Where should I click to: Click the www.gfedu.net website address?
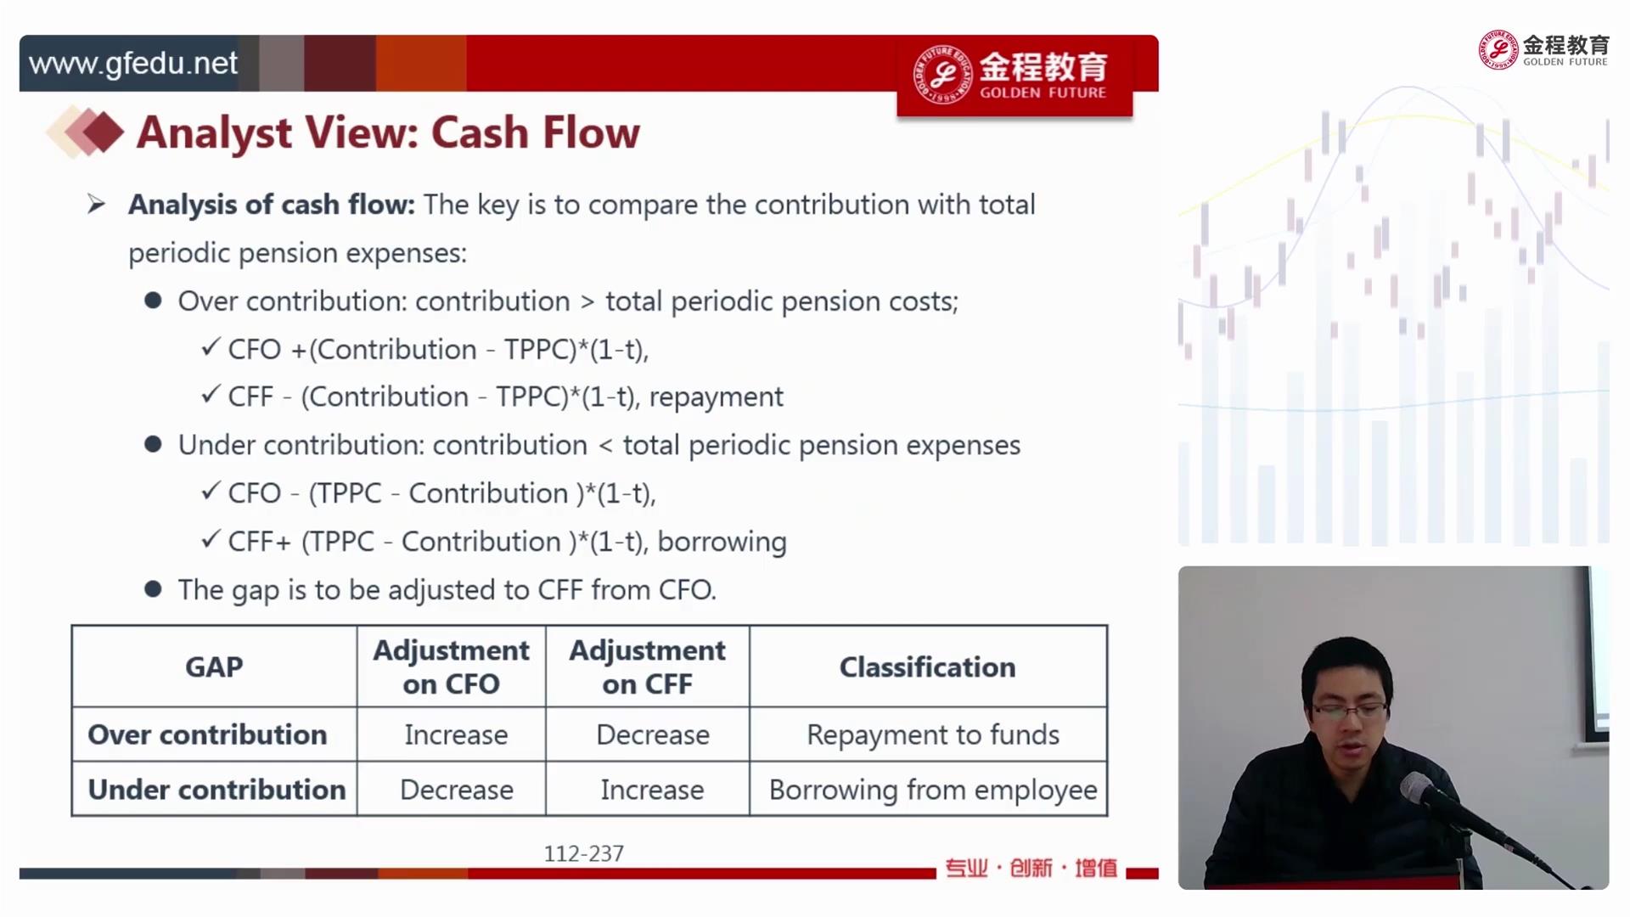click(x=133, y=64)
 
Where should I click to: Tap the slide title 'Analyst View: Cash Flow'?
click(x=388, y=132)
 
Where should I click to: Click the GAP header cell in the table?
click(x=214, y=667)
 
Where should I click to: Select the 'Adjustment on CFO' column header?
click(x=451, y=667)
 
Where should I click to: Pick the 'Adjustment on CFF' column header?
click(x=647, y=667)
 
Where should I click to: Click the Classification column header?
click(x=927, y=667)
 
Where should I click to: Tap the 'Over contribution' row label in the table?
click(x=207, y=734)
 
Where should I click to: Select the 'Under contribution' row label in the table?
click(x=216, y=790)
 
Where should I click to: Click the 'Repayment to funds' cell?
click(x=933, y=735)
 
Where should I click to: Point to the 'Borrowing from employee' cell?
click(x=933, y=790)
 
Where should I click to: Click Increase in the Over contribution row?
click(x=456, y=735)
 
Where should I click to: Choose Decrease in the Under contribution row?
click(x=457, y=790)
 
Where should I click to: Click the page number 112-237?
click(x=584, y=853)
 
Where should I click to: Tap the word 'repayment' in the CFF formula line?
click(x=717, y=397)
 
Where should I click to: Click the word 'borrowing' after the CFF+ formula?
click(x=722, y=542)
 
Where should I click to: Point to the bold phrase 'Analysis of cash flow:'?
click(x=272, y=205)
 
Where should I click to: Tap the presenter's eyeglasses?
click(x=1349, y=711)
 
